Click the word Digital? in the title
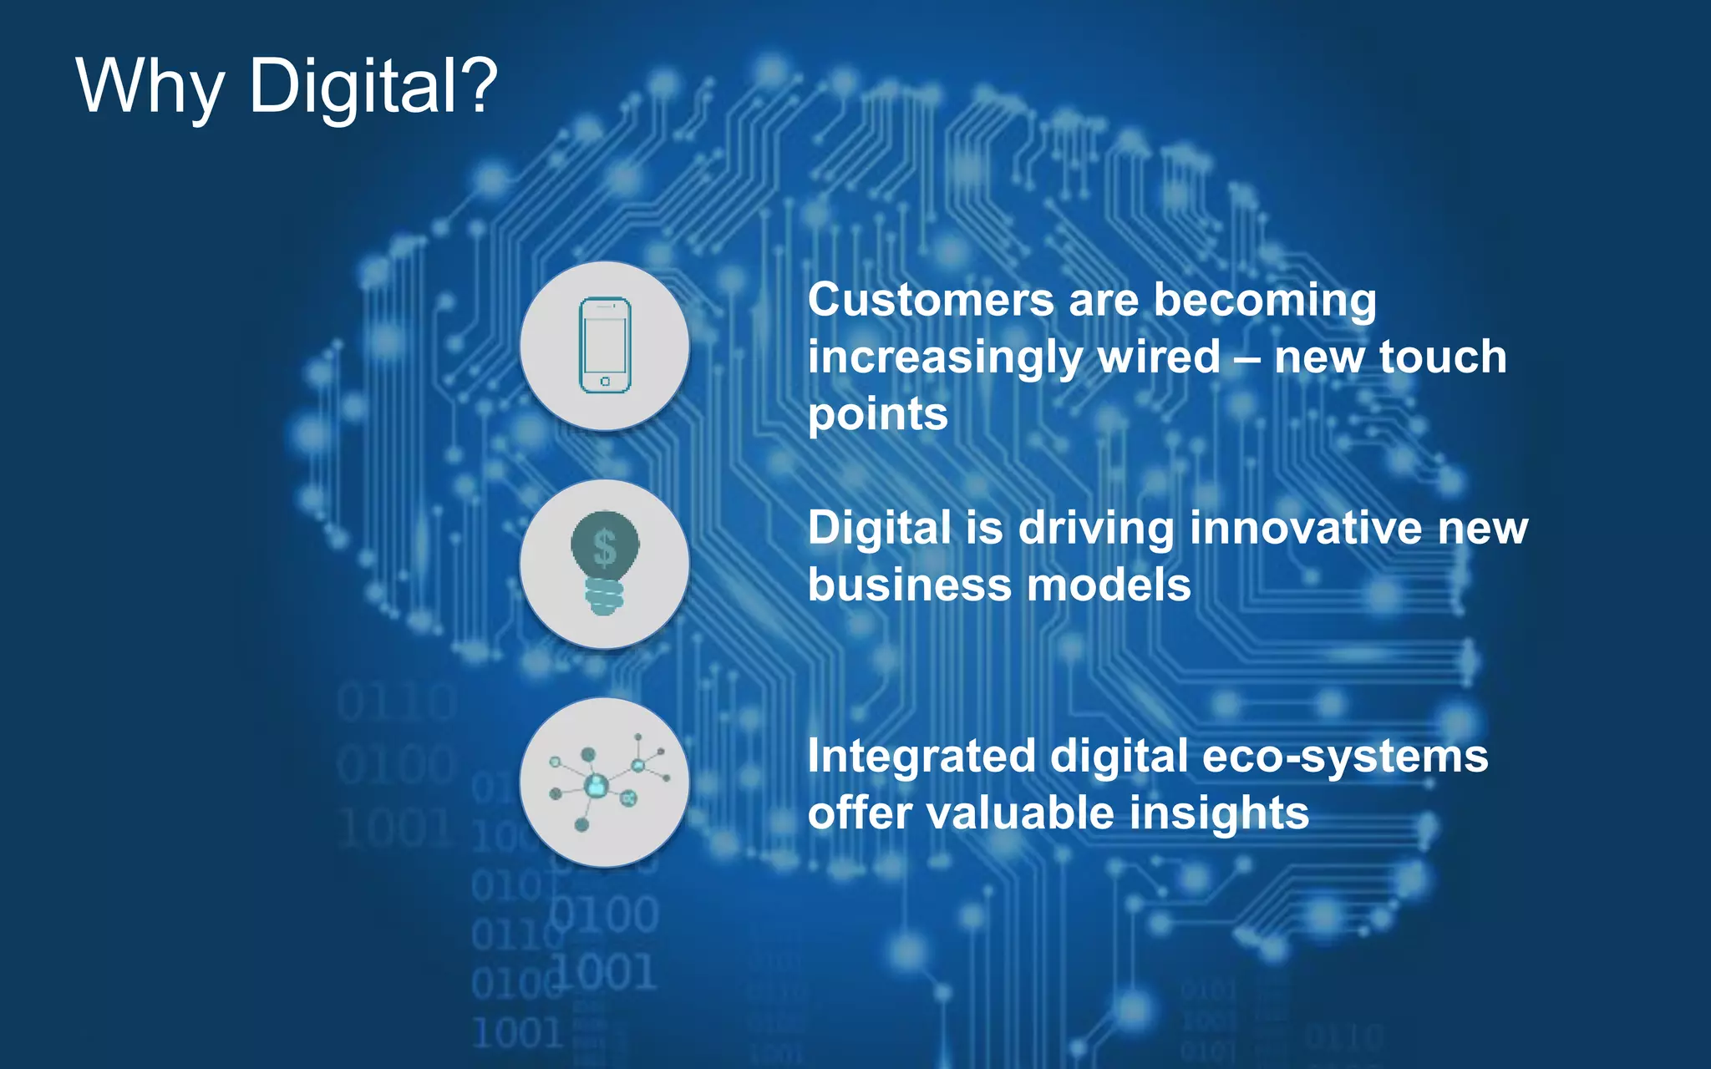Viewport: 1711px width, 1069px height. point(373,86)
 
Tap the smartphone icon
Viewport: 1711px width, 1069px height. point(605,345)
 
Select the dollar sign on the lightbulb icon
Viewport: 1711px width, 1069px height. point(605,549)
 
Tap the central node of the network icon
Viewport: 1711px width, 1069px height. point(597,785)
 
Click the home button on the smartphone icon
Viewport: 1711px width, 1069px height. point(605,382)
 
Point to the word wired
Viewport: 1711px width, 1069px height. point(1158,357)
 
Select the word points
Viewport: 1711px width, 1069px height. point(877,414)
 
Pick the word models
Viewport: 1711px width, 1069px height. point(1109,585)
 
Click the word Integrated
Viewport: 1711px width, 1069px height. point(921,757)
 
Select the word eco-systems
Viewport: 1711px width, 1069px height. point(1344,757)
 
